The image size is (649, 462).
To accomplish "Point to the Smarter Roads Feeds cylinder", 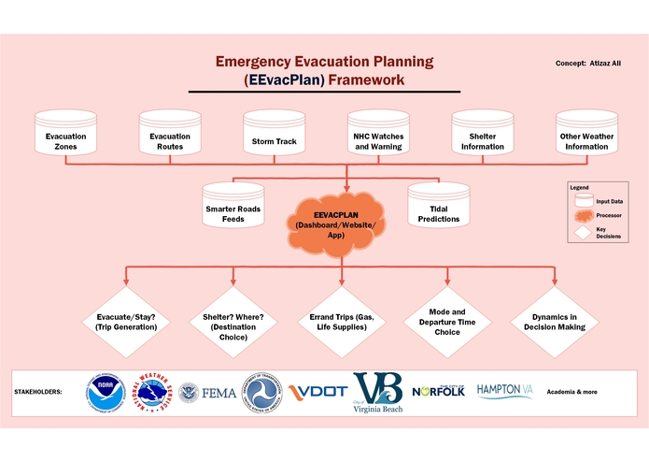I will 233,209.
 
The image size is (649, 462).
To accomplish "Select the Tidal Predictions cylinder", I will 438,209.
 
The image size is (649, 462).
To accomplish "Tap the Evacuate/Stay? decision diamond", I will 125,322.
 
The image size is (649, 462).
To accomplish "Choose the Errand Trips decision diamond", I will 340,322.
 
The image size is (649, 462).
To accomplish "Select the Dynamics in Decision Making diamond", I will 554,322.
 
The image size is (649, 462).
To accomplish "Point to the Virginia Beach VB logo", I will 377,391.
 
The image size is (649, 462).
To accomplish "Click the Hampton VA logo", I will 504,389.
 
